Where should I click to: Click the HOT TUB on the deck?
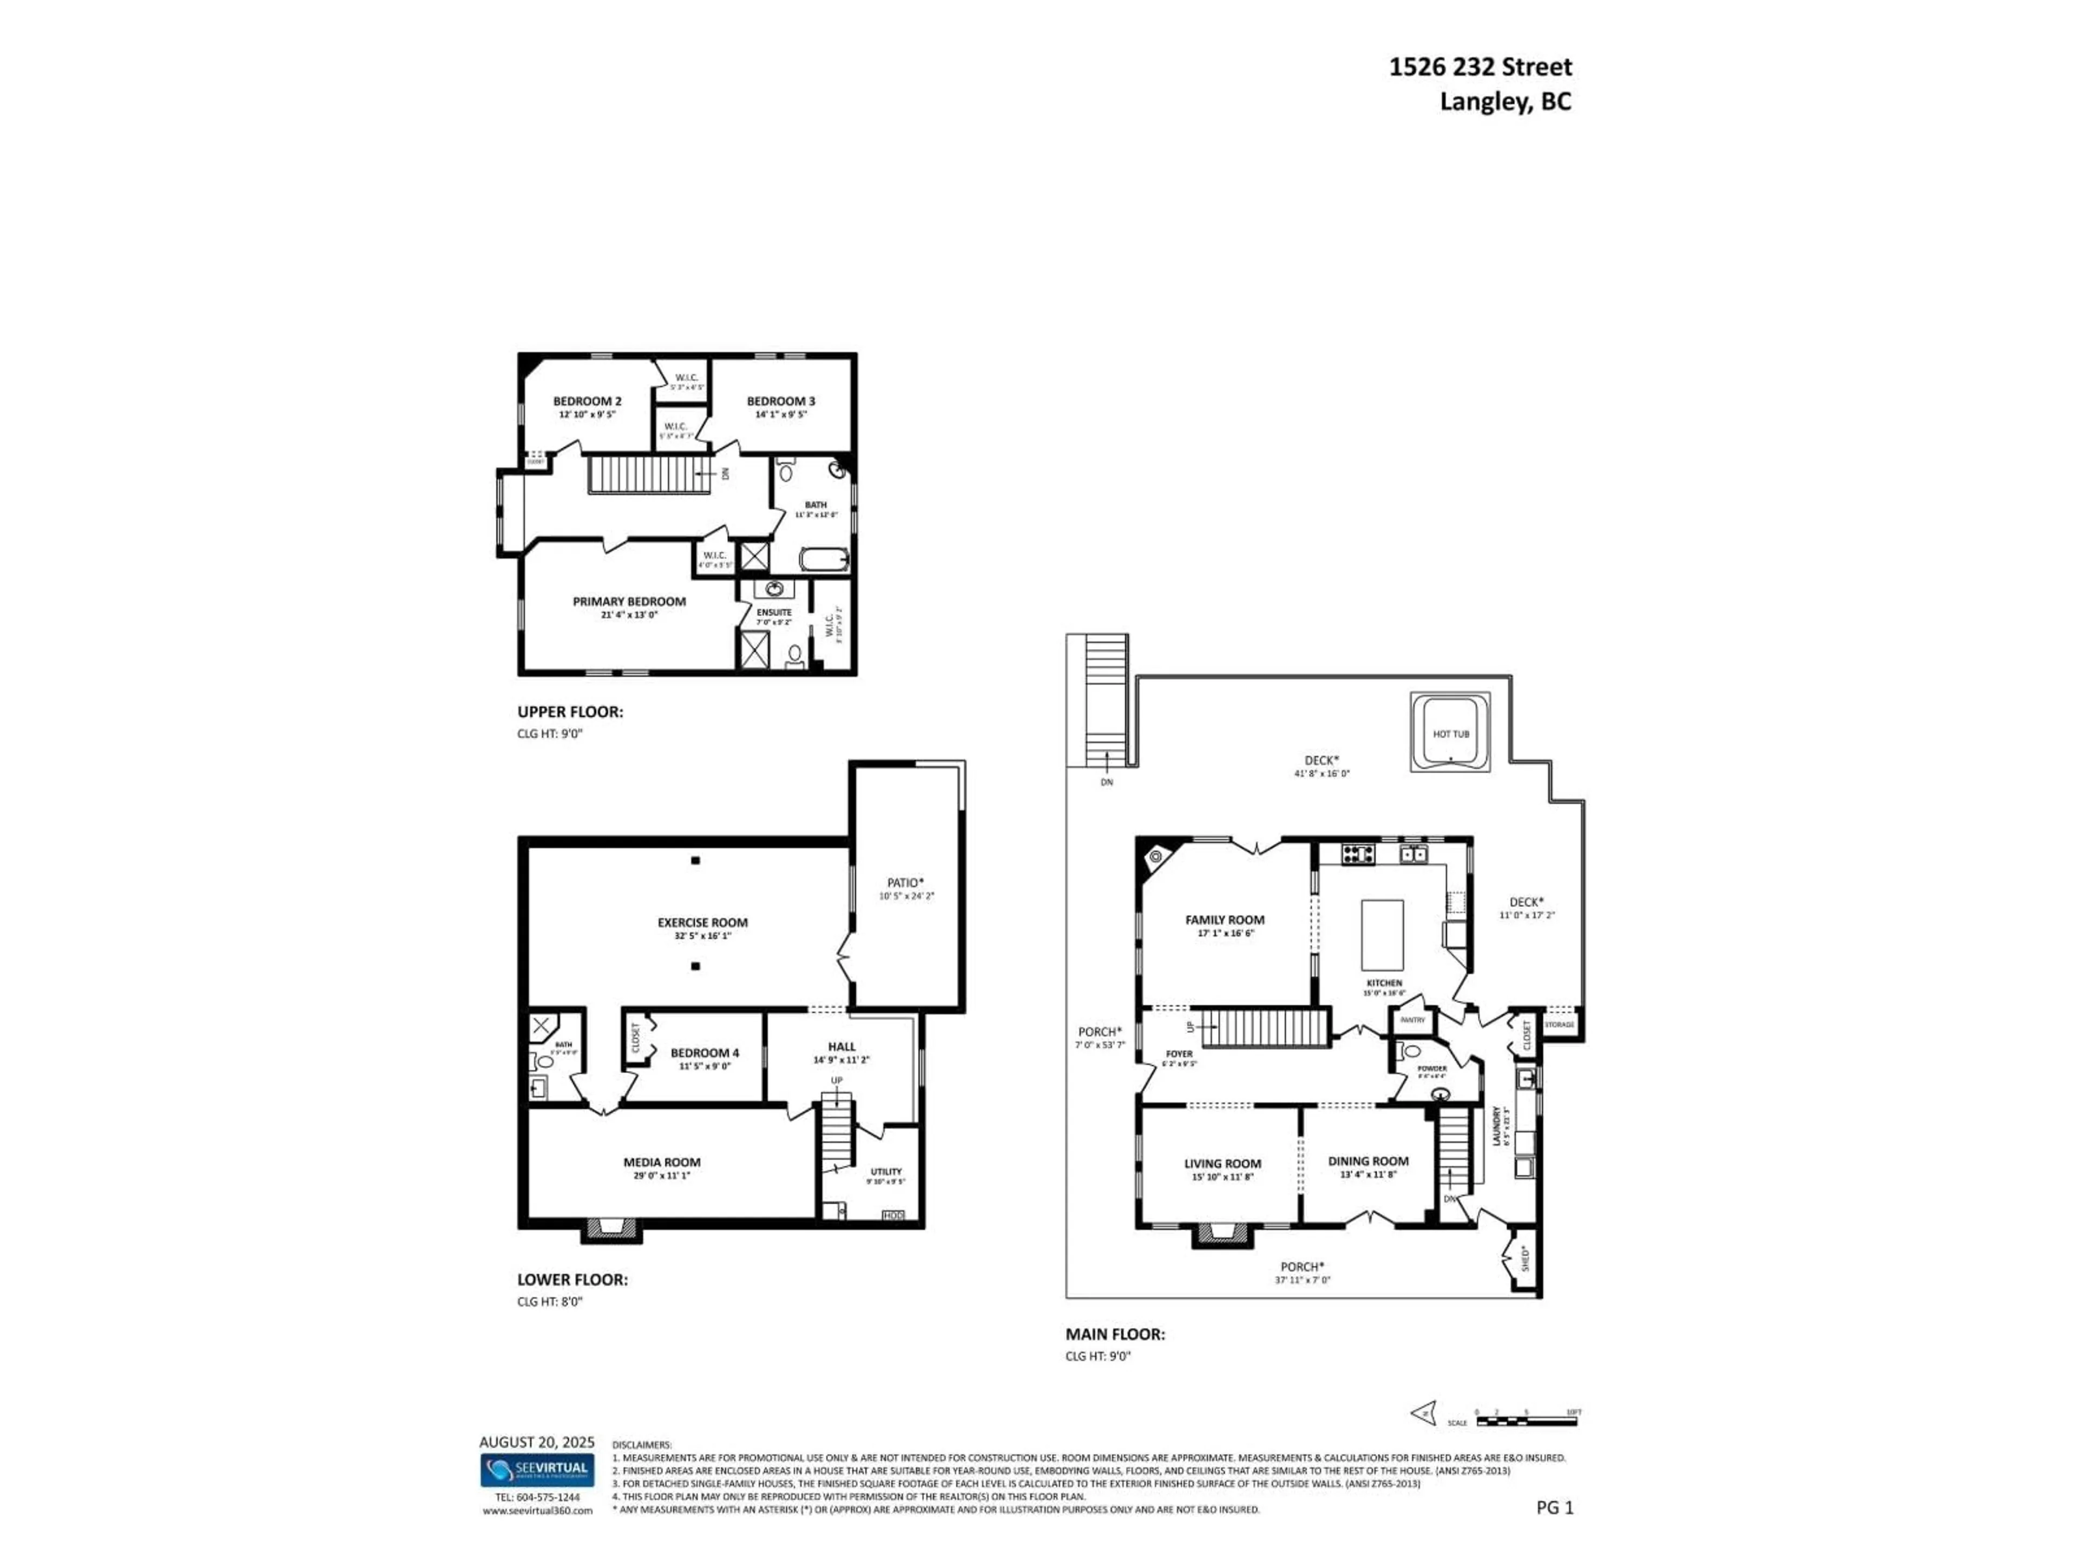point(1450,734)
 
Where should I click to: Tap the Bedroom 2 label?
point(587,401)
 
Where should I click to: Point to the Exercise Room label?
point(703,922)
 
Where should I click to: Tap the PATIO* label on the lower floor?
point(905,882)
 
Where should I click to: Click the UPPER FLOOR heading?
point(569,712)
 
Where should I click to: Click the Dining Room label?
point(1368,1161)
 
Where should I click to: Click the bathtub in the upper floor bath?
point(824,560)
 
